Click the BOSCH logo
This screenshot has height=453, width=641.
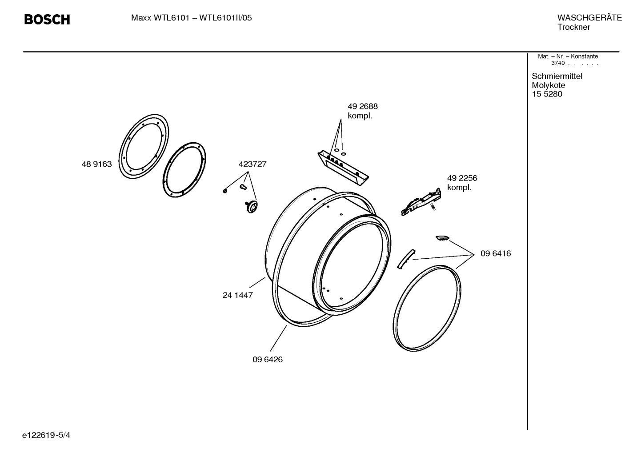[x=47, y=20]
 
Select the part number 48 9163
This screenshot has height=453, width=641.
[x=96, y=164]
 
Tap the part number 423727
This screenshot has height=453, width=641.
[x=252, y=164]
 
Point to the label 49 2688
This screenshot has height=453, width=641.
[x=362, y=107]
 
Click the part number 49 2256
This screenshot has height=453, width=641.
[x=462, y=178]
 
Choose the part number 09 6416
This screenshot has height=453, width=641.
[x=496, y=254]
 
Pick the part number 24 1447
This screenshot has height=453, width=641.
[x=237, y=295]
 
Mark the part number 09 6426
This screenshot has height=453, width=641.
[x=268, y=360]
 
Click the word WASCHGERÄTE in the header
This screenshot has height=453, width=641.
[x=589, y=18]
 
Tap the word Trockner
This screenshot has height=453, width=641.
[x=573, y=27]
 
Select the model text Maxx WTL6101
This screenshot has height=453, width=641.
[x=160, y=18]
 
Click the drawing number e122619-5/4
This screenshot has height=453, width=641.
[x=46, y=435]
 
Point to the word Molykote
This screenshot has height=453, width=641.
[x=548, y=85]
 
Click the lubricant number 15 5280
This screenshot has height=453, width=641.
[x=547, y=94]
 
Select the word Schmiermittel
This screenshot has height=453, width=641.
[x=557, y=76]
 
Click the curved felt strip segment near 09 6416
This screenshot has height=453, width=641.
[x=405, y=259]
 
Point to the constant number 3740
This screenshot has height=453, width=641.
[x=557, y=63]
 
